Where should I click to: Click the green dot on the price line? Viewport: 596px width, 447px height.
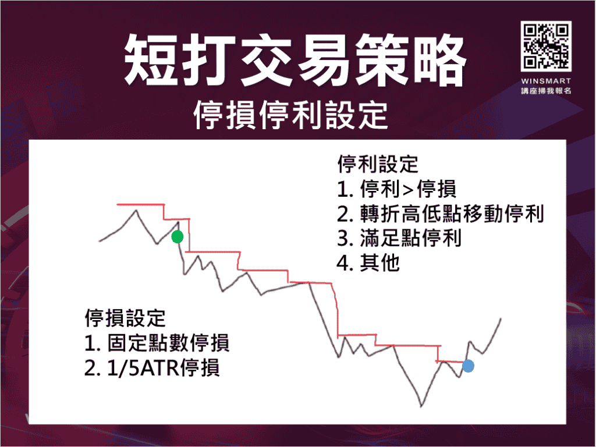pos(178,236)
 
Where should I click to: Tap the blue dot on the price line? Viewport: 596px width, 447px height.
pos(468,366)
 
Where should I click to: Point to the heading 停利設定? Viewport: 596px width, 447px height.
pos(377,164)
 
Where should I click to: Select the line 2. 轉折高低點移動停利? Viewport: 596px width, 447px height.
pos(440,214)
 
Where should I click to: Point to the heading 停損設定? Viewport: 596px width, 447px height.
pos(125,318)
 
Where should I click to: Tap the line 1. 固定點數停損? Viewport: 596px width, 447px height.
pos(157,343)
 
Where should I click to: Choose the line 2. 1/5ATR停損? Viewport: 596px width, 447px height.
pos(152,368)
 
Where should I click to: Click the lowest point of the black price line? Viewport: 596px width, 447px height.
pos(420,406)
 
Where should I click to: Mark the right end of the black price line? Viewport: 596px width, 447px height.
pos(501,318)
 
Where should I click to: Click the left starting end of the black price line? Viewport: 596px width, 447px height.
pos(100,240)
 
